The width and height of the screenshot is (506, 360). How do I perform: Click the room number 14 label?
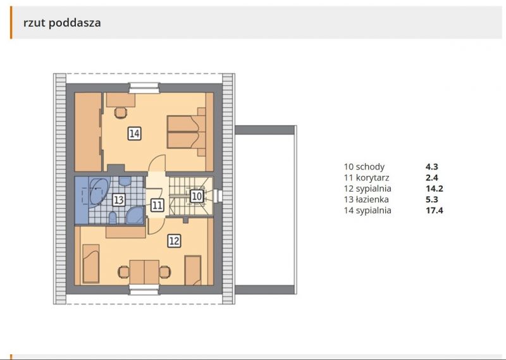pos(134,133)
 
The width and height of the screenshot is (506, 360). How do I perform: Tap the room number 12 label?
pos(174,240)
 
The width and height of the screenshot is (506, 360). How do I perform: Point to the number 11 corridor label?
pos(157,205)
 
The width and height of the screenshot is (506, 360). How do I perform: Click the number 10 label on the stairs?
pos(197,197)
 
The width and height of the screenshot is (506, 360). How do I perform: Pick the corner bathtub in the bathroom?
pos(97,190)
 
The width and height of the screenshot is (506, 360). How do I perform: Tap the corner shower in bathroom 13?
pos(135,216)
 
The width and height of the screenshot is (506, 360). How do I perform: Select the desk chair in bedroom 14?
pos(120,113)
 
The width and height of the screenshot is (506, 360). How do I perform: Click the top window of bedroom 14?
pos(144,88)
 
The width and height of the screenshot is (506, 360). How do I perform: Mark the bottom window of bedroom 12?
pos(144,289)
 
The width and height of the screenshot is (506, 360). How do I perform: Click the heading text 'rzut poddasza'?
pos(62,23)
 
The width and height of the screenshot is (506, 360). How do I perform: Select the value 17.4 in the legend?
pos(435,211)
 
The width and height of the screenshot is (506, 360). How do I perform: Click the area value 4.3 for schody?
pos(432,167)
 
